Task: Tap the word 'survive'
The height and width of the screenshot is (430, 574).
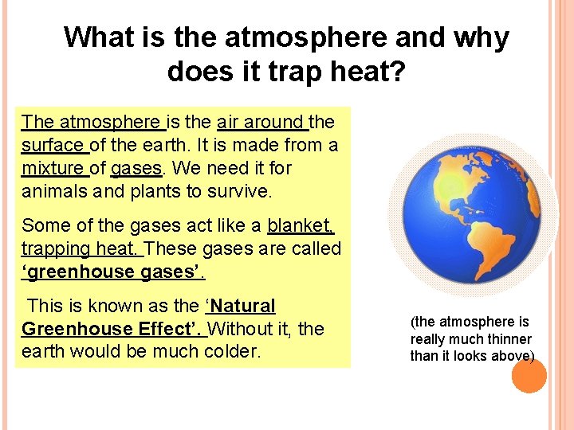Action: click(x=242, y=191)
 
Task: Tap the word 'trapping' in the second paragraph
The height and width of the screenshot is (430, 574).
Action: click(x=55, y=248)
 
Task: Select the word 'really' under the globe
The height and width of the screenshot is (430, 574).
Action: click(x=429, y=339)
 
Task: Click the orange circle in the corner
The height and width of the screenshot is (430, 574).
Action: click(x=528, y=375)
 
